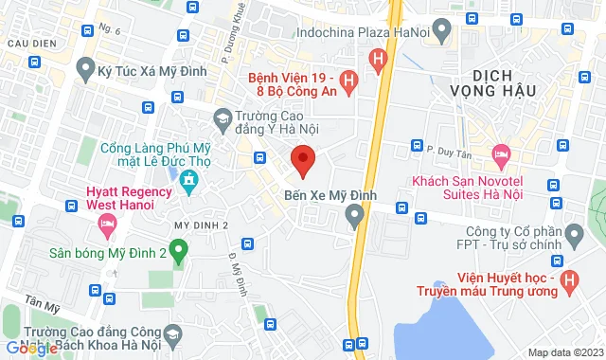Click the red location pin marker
tap(302, 160)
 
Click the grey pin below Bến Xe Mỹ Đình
tap(355, 219)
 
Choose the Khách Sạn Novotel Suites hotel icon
tap(502, 154)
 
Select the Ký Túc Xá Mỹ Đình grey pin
tap(86, 68)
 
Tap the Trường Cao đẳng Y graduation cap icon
tap(223, 118)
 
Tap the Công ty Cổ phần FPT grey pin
tap(573, 233)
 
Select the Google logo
tap(29, 348)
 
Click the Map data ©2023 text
tap(563, 352)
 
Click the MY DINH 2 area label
tap(202, 225)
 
